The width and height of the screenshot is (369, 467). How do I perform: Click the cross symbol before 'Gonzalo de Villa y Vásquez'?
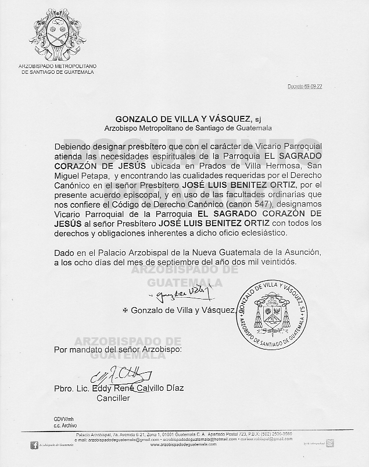pos(124,311)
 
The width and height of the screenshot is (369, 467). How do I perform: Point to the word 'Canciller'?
pos(113,398)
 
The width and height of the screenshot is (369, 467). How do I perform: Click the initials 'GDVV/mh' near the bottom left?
pos(57,419)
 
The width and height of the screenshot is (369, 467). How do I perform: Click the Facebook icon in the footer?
pos(34,445)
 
